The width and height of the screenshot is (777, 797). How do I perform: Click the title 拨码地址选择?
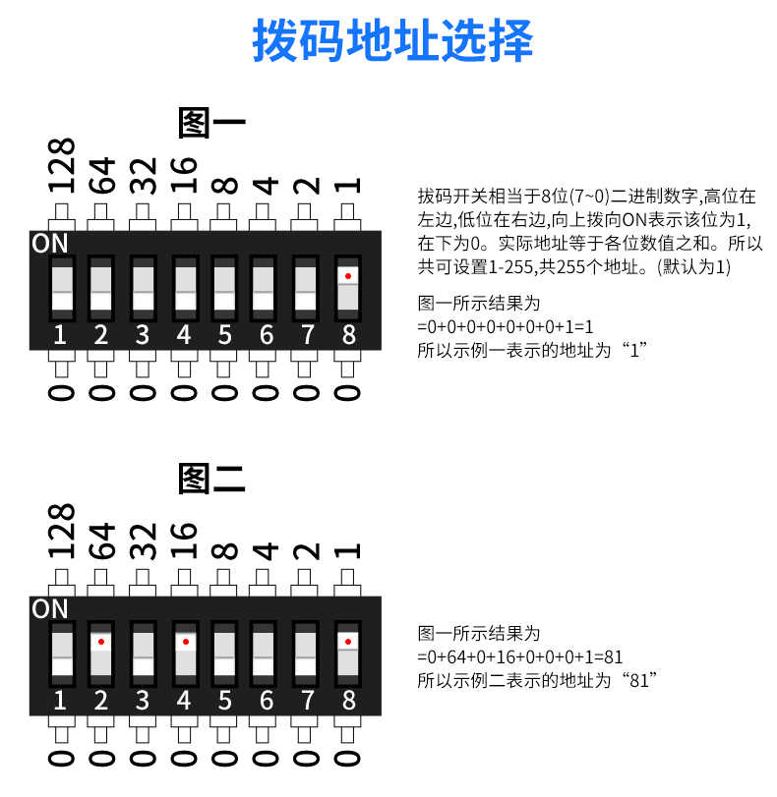pyautogui.click(x=392, y=42)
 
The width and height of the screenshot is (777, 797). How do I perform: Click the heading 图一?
pyautogui.click(x=211, y=124)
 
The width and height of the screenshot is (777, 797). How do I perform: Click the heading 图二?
pyautogui.click(x=211, y=479)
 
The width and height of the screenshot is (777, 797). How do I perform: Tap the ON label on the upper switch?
pyautogui.click(x=49, y=243)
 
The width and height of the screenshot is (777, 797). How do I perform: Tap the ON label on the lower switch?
pyautogui.click(x=49, y=608)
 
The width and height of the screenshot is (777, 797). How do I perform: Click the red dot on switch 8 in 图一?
pyautogui.click(x=348, y=275)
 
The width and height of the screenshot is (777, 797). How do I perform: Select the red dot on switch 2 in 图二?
pyautogui.click(x=100, y=641)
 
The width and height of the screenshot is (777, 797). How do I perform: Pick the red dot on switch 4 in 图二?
pyautogui.click(x=183, y=641)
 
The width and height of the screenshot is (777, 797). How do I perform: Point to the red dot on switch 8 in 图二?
pyautogui.click(x=348, y=641)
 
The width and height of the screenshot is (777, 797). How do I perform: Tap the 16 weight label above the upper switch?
pyautogui.click(x=184, y=175)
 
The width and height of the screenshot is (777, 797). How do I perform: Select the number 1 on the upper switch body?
pyautogui.click(x=60, y=335)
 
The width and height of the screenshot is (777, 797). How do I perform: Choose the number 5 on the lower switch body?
pyautogui.click(x=224, y=701)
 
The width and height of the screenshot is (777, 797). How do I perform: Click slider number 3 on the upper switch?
pyautogui.click(x=142, y=287)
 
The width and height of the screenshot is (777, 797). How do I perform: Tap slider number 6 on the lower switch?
pyautogui.click(x=265, y=653)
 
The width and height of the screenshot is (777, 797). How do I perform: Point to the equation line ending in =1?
pyautogui.click(x=506, y=326)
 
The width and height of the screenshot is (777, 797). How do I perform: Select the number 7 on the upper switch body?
pyautogui.click(x=307, y=335)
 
